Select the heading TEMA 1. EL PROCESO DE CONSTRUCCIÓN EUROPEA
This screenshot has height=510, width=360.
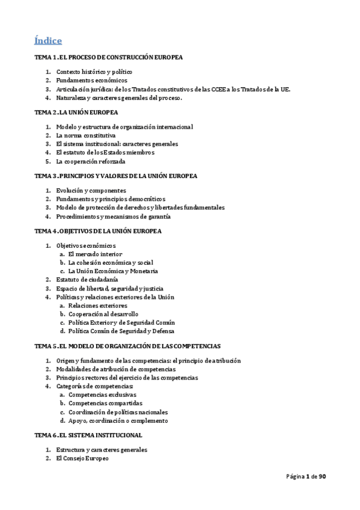[108, 57]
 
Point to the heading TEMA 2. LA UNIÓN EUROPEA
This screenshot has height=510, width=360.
[76, 112]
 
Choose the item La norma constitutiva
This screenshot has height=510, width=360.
[85, 135]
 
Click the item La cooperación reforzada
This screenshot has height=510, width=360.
[91, 161]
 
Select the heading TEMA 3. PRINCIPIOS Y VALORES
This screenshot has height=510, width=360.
[115, 176]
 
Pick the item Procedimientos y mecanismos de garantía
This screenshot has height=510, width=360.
[113, 217]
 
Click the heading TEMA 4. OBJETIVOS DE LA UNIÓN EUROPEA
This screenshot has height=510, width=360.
[98, 231]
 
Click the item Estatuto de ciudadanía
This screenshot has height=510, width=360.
[87, 280]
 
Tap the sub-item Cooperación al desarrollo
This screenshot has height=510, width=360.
[103, 314]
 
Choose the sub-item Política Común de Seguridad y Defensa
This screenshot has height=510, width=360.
[121, 331]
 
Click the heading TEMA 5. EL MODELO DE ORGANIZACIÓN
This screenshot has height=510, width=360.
[127, 346]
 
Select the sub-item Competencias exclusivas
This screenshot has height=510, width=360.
[102, 395]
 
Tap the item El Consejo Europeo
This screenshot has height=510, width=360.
[82, 458]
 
